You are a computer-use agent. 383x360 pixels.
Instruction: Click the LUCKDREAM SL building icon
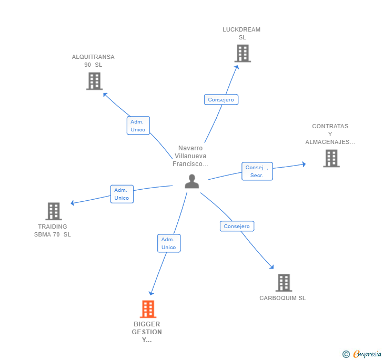tap(242, 53)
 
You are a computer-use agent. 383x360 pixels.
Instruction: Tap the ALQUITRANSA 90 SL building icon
tap(94, 81)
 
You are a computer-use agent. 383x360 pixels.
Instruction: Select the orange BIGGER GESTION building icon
tap(148, 308)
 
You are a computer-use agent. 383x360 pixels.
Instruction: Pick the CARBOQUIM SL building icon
tap(284, 283)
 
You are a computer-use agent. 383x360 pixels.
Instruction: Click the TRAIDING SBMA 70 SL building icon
tap(54, 211)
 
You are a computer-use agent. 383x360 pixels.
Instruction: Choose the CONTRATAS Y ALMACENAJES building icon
tap(331, 158)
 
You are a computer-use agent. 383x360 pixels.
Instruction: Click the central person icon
tap(192, 181)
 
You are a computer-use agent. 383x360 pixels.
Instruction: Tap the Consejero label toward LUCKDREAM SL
tap(221, 99)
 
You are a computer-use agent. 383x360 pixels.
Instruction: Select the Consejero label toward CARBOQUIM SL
tap(237, 226)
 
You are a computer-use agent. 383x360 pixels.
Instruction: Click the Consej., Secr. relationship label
tap(257, 171)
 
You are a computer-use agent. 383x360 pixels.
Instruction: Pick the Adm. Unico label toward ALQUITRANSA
tap(138, 126)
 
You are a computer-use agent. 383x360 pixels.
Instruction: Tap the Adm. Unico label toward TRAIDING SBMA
tap(122, 194)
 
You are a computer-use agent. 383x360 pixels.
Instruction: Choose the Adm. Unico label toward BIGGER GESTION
tap(168, 243)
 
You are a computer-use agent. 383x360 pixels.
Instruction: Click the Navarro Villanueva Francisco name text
tap(190, 156)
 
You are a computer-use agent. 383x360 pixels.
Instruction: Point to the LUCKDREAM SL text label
tap(241, 33)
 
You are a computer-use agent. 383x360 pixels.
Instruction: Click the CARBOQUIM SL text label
tap(283, 298)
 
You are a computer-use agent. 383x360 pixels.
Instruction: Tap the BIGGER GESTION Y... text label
tap(147, 332)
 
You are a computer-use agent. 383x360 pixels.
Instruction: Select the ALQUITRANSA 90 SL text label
tap(93, 60)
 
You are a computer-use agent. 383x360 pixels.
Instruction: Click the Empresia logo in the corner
tap(362, 354)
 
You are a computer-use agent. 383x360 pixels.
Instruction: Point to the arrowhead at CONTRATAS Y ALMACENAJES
tap(304, 164)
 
